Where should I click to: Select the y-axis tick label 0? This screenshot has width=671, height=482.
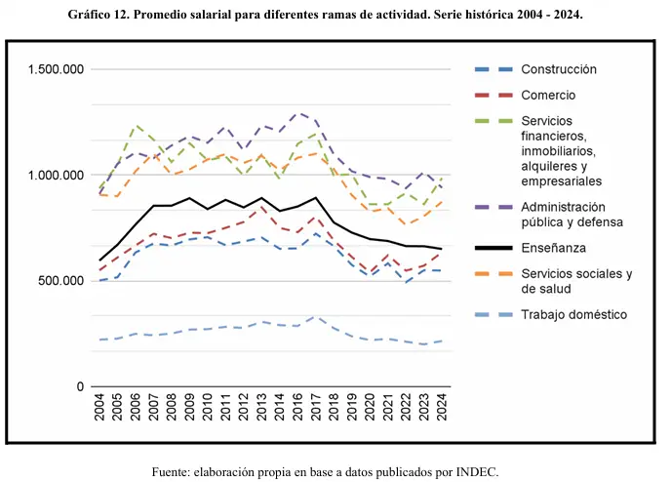[x=79, y=387]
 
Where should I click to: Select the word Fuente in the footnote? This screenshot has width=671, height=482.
[x=173, y=471]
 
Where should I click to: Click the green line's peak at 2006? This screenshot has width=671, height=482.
[x=137, y=125]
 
